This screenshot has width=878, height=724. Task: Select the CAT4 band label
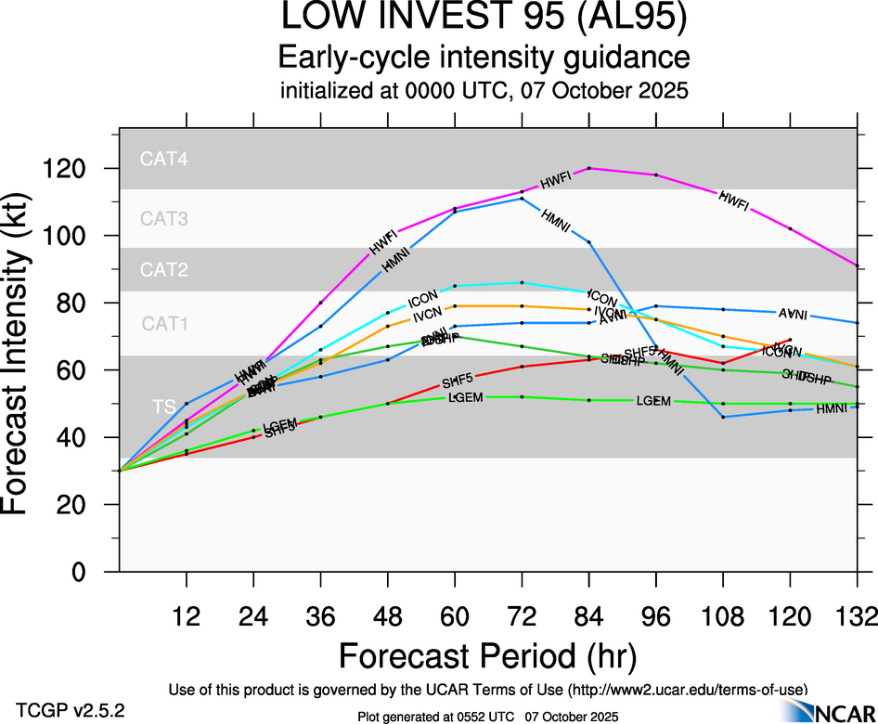point(164,159)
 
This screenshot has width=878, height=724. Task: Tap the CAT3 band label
point(164,220)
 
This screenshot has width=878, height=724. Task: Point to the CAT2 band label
point(164,271)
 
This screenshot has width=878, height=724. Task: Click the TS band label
point(164,407)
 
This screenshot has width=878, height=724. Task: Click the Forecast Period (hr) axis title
point(486,656)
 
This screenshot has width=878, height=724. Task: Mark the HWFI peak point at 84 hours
point(589,168)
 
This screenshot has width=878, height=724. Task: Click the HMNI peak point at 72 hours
point(523,199)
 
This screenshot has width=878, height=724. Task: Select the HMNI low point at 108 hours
point(723,417)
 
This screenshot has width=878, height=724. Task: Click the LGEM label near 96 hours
point(653,401)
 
